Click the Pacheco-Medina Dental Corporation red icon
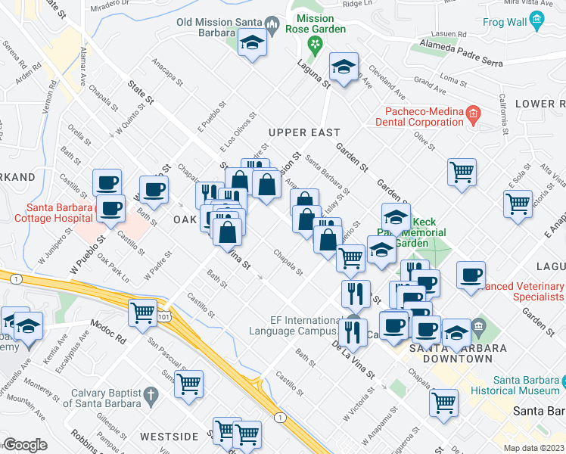pos(474,115)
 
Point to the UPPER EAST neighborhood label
pos(305,132)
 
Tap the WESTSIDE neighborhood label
pos(169,437)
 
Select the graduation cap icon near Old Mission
pos(252,44)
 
